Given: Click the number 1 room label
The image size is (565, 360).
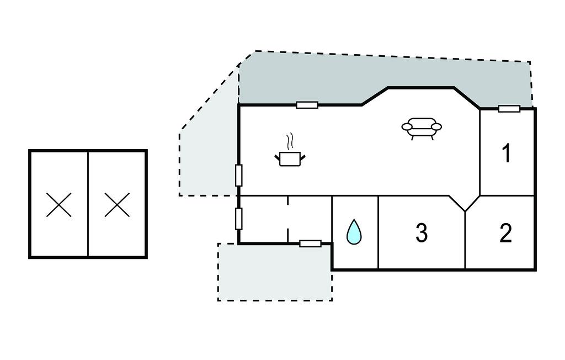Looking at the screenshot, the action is (507, 153).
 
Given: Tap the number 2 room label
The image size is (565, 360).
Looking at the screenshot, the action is (506, 233).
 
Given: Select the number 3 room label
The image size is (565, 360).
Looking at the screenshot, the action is (422, 233).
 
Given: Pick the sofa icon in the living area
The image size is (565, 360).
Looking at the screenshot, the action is (422, 129).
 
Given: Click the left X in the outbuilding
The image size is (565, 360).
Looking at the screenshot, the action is (58, 204).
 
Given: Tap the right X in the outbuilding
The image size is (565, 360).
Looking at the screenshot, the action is (117, 204).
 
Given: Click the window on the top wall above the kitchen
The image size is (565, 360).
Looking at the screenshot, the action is (307, 105).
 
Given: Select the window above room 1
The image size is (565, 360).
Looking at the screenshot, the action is (509, 109).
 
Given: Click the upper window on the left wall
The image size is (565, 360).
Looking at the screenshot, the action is (238, 176).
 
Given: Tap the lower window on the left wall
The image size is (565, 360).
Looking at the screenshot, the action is (238, 219).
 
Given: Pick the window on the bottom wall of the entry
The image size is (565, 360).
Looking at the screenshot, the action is (310, 243).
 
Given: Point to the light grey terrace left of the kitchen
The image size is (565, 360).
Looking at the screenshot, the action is (207, 158).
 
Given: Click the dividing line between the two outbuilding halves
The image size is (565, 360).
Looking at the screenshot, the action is (88, 204).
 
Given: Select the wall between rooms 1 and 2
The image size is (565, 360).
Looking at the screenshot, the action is (507, 196).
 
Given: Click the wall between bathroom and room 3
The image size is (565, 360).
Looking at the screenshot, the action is (379, 232).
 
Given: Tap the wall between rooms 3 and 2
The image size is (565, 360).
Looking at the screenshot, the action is (465, 240).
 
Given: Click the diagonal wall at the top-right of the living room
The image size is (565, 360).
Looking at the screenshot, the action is (467, 98).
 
